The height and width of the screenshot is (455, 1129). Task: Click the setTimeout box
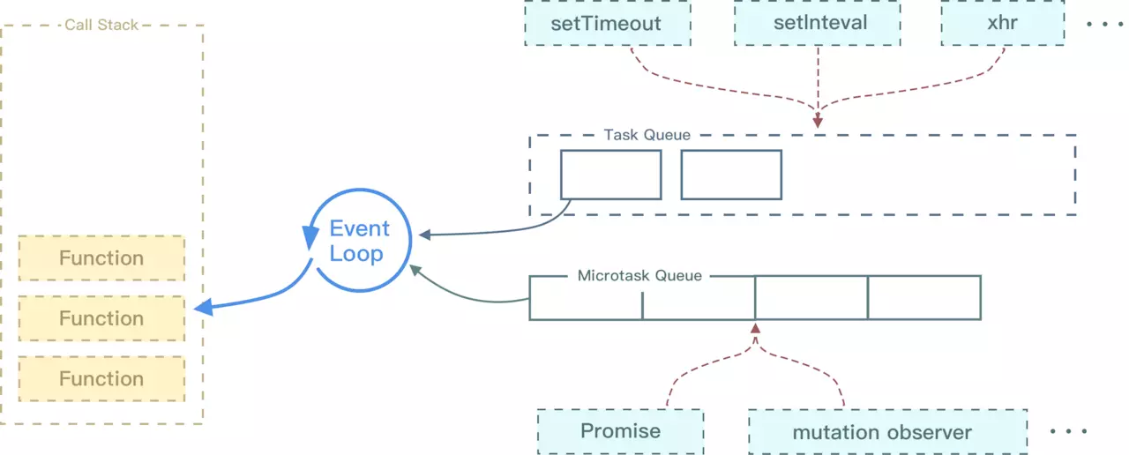(x=606, y=23)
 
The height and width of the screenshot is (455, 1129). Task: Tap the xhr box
(x=1002, y=23)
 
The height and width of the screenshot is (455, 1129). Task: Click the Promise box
(x=620, y=431)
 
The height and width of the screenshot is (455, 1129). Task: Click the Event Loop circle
(x=357, y=242)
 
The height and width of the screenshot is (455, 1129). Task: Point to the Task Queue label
(x=647, y=135)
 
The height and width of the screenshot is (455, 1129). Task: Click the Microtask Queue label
(x=639, y=276)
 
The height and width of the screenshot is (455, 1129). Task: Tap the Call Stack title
(x=101, y=25)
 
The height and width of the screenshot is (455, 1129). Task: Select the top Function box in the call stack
(x=101, y=258)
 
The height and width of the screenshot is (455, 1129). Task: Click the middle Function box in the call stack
(x=101, y=318)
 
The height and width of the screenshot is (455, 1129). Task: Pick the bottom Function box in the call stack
(x=101, y=379)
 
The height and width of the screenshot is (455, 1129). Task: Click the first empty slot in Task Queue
(x=610, y=175)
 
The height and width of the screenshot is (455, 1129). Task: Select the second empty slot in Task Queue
(x=731, y=175)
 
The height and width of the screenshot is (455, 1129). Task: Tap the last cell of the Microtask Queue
(x=923, y=298)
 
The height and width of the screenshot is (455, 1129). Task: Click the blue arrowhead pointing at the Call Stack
(x=203, y=307)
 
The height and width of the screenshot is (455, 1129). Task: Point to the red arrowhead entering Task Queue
(x=818, y=122)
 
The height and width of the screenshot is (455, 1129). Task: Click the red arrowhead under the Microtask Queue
(x=755, y=328)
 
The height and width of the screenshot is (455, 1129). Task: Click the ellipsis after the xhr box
(x=1103, y=24)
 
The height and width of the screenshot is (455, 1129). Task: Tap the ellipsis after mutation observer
(x=1068, y=432)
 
